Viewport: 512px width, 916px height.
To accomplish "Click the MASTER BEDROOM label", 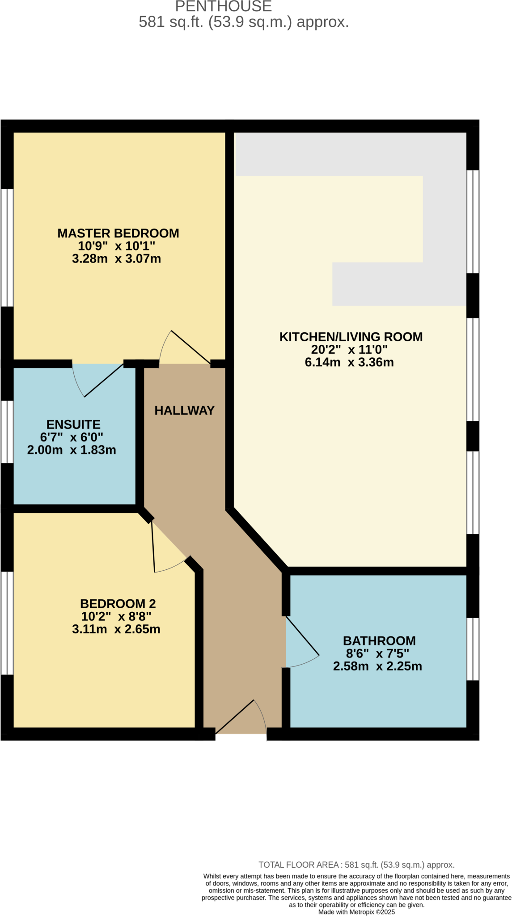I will coord(118,233).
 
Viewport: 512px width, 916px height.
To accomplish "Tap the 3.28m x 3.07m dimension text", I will coord(116,259).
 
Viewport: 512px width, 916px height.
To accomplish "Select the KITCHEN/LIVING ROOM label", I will coord(351,337).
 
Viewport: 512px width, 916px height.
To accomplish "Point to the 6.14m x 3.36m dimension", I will coord(349,362).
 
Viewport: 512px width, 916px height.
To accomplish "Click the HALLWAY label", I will coord(184,410).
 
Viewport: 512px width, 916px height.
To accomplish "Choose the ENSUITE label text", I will coord(73,424).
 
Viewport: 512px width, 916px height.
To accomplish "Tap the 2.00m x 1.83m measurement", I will coord(72,450).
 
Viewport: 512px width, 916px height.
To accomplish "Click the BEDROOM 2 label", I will coord(118,603).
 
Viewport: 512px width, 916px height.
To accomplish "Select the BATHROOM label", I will coord(379,640).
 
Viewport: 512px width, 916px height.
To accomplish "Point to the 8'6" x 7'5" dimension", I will coord(377,653).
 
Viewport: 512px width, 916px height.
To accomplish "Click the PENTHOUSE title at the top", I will coord(224,6).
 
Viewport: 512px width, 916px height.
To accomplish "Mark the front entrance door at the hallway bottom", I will coord(241,720).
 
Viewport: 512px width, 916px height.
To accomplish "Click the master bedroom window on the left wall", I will coord(7,247).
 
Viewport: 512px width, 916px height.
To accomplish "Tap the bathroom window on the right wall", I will coord(473,649).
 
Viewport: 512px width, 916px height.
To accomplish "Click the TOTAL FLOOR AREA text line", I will coord(356,865).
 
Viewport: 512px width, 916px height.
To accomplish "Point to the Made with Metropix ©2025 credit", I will coord(356,912).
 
